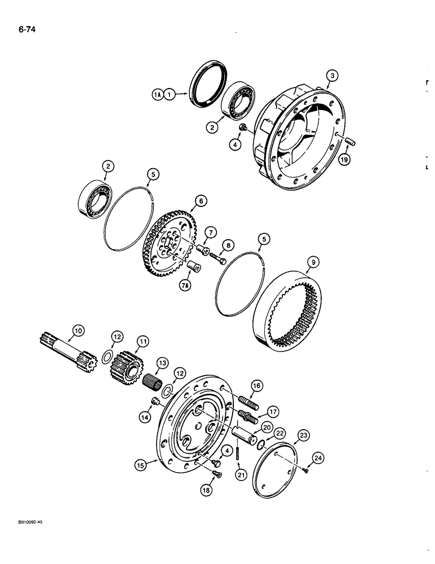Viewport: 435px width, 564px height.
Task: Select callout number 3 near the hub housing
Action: coord(332,76)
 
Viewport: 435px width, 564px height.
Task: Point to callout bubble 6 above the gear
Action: coord(199,200)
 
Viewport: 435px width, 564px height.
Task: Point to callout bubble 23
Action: coord(304,435)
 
